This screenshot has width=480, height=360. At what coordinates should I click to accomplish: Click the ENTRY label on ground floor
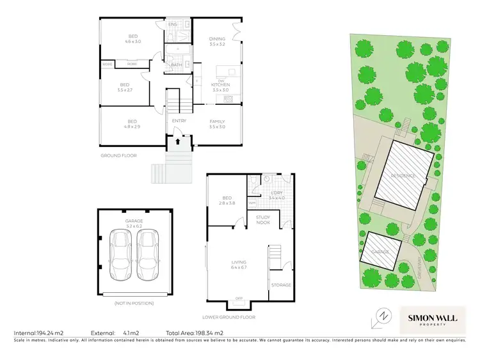pyautogui.click(x=179, y=120)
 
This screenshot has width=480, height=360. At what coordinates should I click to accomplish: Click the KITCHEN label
pyautogui.click(x=221, y=84)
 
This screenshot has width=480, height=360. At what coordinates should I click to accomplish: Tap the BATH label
pyautogui.click(x=175, y=65)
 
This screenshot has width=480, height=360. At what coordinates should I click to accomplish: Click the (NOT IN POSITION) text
pyautogui.click(x=134, y=302)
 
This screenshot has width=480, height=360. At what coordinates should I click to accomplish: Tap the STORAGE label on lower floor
pyautogui.click(x=281, y=285)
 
